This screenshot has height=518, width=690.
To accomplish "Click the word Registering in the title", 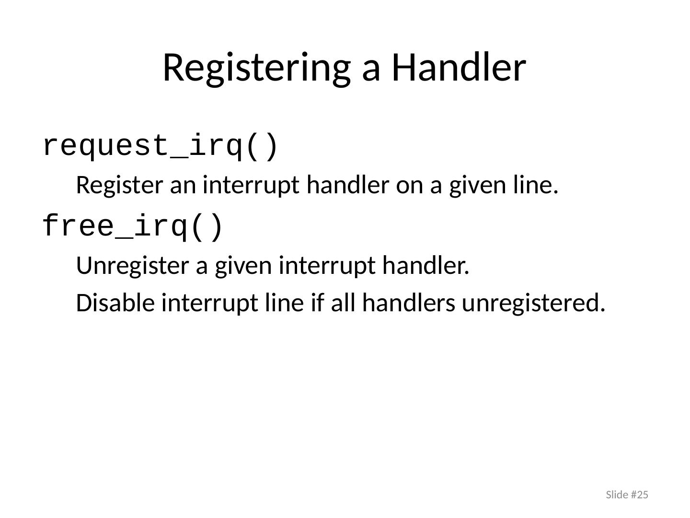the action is point(256,69).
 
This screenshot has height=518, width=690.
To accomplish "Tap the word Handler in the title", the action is point(459,67).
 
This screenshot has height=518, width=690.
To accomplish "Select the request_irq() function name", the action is point(161,146).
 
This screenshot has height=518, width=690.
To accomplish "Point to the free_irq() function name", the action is point(133,226).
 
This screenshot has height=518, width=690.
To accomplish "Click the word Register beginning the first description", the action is point(120,186).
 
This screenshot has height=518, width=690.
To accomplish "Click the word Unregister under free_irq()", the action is point(133,266).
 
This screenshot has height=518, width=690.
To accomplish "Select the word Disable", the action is point(115,303).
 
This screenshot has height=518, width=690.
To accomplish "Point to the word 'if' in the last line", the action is point(317,302).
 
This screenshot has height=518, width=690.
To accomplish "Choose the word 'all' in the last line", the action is point(343,302).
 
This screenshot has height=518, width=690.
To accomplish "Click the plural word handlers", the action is point(409,302).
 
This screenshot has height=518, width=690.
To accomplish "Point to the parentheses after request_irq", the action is point(262,146).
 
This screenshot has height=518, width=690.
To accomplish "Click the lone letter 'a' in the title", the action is point(371,72).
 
